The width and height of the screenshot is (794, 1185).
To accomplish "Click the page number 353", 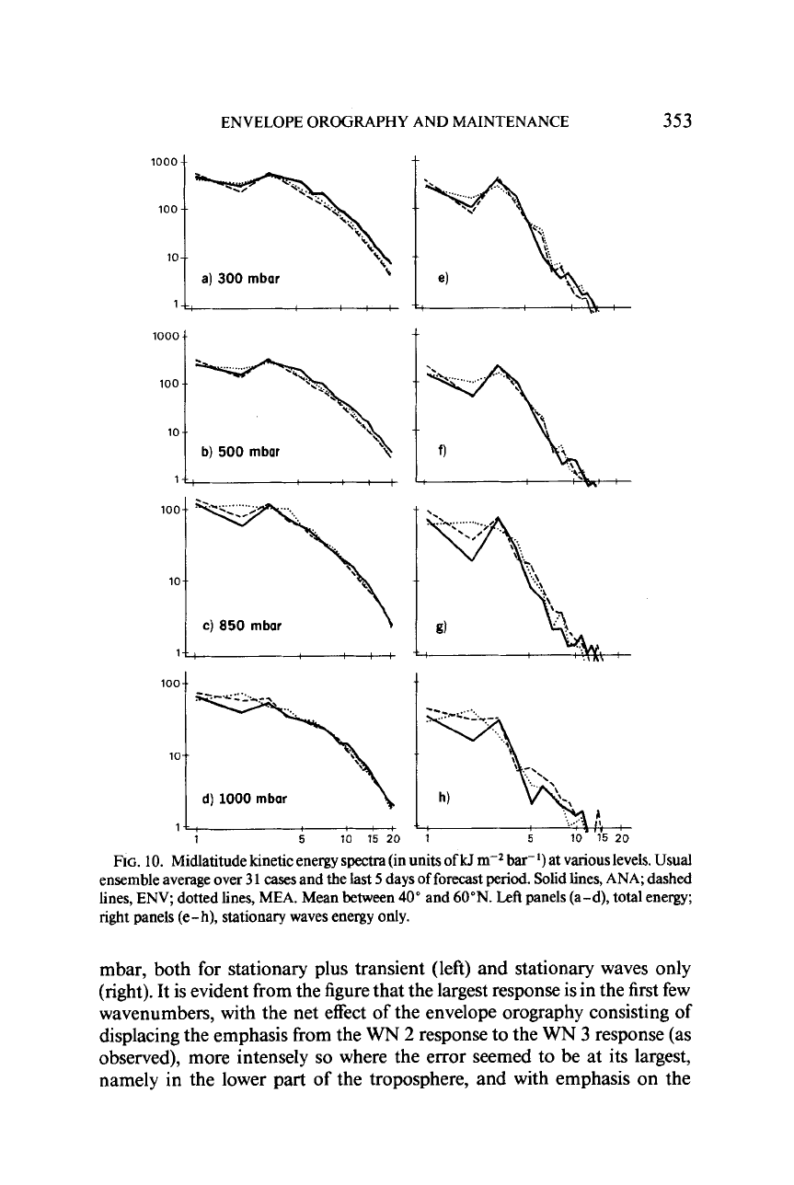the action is tap(676, 121).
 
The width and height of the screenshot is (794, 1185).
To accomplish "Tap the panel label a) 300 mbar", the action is tap(241, 278).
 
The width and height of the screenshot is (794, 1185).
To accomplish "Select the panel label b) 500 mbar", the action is tap(241, 452).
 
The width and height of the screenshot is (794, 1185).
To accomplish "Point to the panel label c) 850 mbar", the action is tap(242, 626).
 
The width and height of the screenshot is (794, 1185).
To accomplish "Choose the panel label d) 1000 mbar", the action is tap(245, 799).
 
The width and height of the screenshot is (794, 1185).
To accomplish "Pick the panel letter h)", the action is tap(443, 799).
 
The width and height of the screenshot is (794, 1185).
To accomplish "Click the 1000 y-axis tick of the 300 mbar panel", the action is tap(164, 162).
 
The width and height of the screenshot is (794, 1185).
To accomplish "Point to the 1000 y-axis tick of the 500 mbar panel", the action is tap(165, 336).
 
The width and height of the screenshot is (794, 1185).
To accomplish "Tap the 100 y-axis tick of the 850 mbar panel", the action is tap(169, 510).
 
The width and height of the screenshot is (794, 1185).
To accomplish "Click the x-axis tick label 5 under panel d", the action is tap(302, 839).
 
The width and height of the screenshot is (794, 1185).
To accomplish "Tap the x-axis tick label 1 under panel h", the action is tap(428, 839).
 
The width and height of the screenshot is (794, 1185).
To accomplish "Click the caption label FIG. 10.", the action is tap(132, 860).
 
